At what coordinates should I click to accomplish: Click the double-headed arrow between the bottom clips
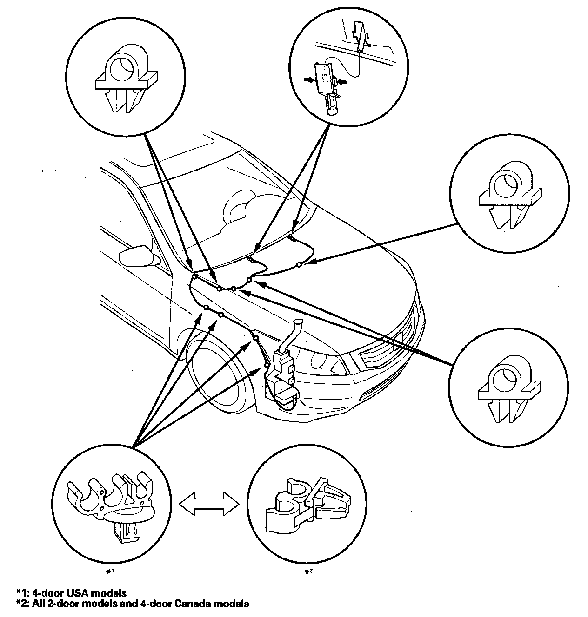[x=208, y=504]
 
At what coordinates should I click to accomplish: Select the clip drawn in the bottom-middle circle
[x=307, y=505]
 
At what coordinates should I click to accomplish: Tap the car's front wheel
[x=219, y=372]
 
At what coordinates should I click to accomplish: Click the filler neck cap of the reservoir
[x=296, y=322]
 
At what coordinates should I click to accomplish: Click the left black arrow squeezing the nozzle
[x=307, y=80]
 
